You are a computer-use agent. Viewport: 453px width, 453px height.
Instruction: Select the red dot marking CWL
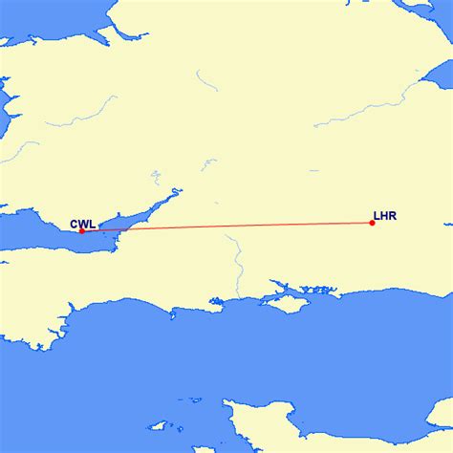pyautogui.click(x=82, y=230)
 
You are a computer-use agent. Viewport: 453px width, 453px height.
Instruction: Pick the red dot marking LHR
pyautogui.click(x=372, y=223)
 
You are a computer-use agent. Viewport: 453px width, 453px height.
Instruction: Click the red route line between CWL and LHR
pyautogui.click(x=229, y=226)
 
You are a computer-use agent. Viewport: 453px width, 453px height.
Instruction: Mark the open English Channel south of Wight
pyautogui.click(x=296, y=363)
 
